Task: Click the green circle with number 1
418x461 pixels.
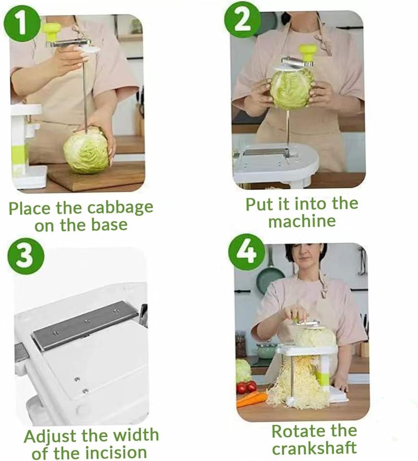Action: click(22, 23)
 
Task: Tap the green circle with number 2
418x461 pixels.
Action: click(242, 19)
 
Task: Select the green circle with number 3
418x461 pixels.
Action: click(25, 256)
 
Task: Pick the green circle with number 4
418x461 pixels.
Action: click(247, 252)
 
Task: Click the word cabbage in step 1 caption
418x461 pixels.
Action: click(120, 208)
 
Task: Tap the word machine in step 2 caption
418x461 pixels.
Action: click(302, 221)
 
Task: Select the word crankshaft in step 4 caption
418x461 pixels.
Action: click(314, 448)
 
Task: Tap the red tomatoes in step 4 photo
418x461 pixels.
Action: click(247, 387)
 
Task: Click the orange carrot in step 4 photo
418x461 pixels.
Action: click(251, 400)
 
